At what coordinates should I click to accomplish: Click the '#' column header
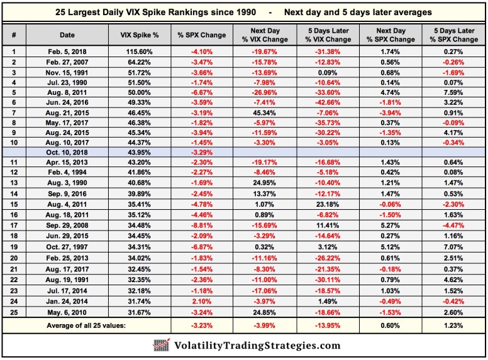point(14,35)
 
